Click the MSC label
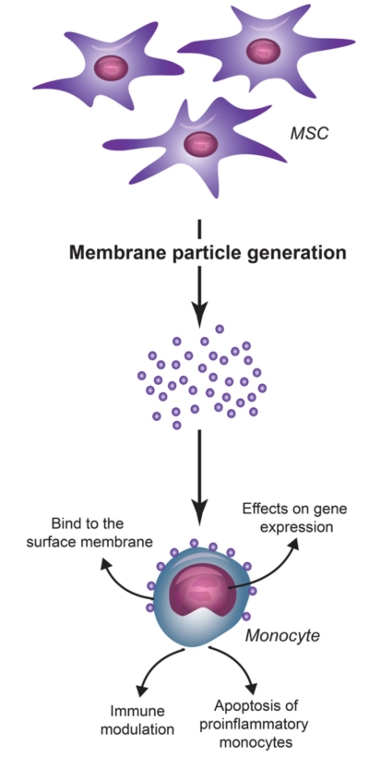point(309,133)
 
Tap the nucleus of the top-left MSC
point(112,67)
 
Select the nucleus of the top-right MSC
point(263,51)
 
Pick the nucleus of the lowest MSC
point(201,144)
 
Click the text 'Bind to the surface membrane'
point(89,533)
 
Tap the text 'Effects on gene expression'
point(294,517)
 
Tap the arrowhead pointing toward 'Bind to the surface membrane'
point(107,563)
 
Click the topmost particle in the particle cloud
point(220,329)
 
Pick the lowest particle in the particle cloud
point(176,425)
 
